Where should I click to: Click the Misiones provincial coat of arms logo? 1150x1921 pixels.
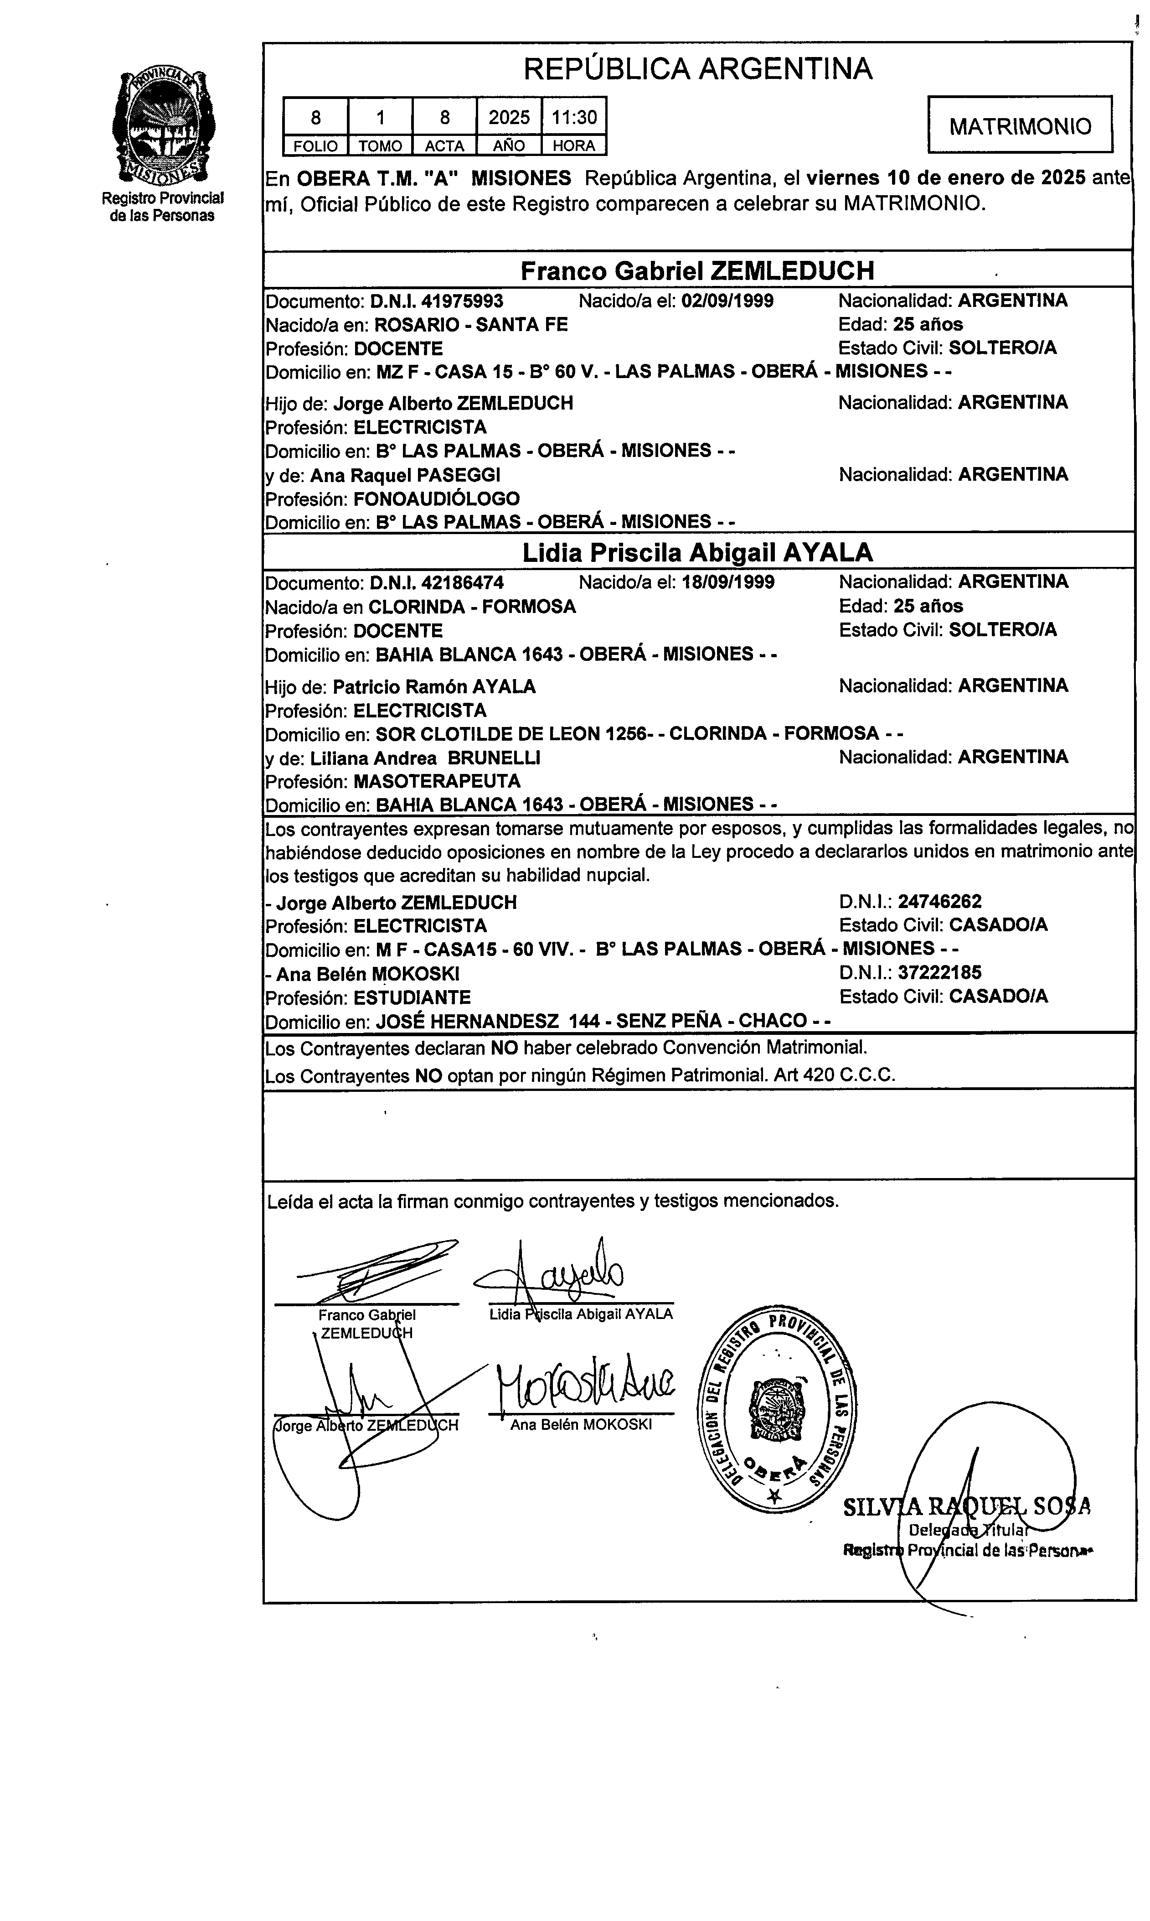pyautogui.click(x=162, y=125)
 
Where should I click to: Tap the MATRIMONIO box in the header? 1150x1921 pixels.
pyautogui.click(x=1020, y=125)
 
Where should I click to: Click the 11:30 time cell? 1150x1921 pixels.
pyautogui.click(x=573, y=117)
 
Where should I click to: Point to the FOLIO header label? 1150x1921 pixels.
pyautogui.click(x=315, y=146)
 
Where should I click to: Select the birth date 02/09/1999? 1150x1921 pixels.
pyautogui.click(x=727, y=301)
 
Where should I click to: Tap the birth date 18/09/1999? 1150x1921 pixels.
pyautogui.click(x=727, y=582)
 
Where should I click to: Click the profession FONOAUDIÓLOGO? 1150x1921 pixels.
pyautogui.click(x=436, y=498)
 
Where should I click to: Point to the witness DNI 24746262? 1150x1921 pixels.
pyautogui.click(x=939, y=902)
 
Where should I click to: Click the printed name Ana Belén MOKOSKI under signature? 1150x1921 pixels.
pyautogui.click(x=581, y=1425)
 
